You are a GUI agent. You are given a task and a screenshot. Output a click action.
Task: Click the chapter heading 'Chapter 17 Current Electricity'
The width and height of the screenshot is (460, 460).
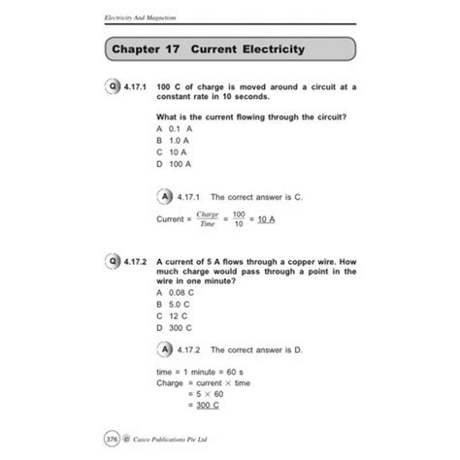208,49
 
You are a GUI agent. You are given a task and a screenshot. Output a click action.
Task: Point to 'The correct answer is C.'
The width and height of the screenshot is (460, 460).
257,197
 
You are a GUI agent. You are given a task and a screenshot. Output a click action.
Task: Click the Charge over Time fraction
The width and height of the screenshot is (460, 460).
207,218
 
